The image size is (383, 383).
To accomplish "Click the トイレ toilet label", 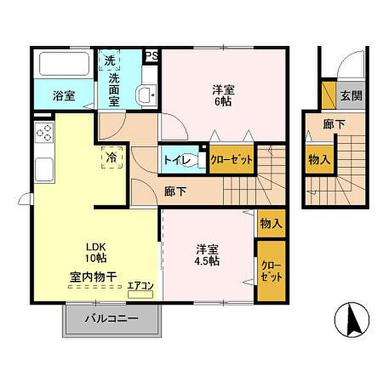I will click(176, 160).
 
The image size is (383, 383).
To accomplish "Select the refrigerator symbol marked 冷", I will click(111, 156).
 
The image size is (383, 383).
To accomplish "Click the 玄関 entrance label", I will click(350, 96).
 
